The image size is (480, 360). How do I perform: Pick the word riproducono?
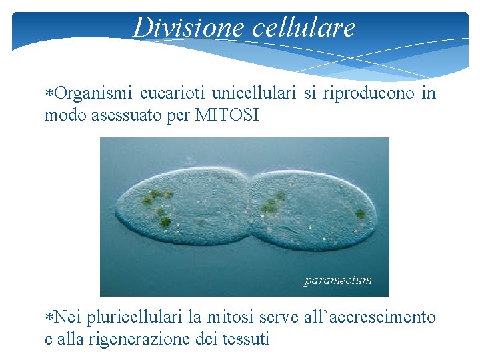[x=369, y=94]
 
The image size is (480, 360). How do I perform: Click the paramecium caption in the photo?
[x=338, y=281]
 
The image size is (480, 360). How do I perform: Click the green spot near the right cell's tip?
[x=360, y=214]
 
